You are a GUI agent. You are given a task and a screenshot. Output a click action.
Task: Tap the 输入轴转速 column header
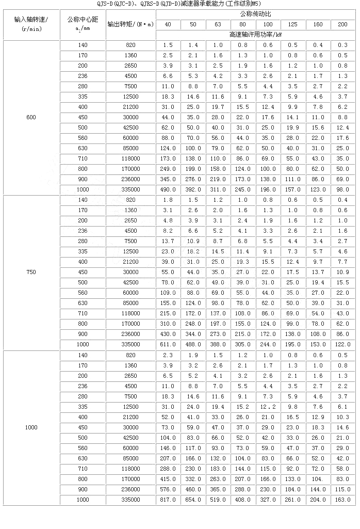(31, 24)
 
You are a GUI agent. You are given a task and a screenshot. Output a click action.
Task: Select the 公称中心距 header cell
(82, 24)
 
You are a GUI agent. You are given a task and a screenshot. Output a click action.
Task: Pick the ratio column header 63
(218, 24)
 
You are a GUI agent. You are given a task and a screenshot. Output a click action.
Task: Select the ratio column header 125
(293, 24)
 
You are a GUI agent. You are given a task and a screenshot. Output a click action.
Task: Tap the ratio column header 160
(318, 24)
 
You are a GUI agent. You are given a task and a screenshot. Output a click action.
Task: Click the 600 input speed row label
(31, 117)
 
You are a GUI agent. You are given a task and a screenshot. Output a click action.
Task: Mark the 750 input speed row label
(31, 272)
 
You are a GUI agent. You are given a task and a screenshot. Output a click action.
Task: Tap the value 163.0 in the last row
(343, 500)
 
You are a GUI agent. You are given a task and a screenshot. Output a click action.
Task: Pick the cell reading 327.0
(268, 500)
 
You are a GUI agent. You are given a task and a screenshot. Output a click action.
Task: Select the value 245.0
(243, 189)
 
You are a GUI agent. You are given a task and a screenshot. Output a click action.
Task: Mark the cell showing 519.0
(218, 500)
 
